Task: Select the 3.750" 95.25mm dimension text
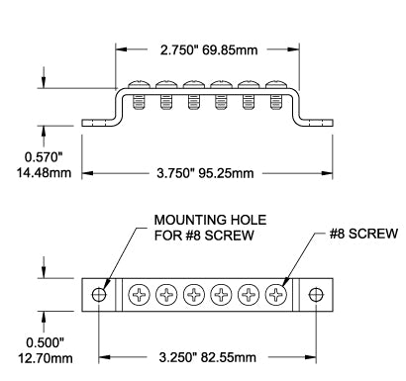(207, 172)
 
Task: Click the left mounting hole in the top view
(98, 294)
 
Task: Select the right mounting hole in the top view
(316, 294)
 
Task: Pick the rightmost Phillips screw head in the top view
(276, 294)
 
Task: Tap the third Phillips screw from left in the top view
(193, 294)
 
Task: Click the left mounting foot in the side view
(97, 123)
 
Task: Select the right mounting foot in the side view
(317, 123)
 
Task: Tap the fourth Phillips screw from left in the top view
(221, 294)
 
